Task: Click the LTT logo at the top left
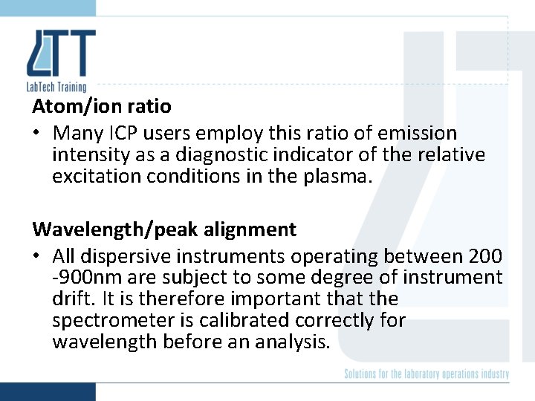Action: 61,53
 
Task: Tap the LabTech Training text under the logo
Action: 60,87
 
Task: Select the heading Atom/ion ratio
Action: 102,106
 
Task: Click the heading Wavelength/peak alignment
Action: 164,229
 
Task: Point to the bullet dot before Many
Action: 36,134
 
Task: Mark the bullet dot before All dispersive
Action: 36,257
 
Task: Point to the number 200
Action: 486,257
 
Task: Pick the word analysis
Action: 291,342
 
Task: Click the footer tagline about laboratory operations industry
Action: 427,374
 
